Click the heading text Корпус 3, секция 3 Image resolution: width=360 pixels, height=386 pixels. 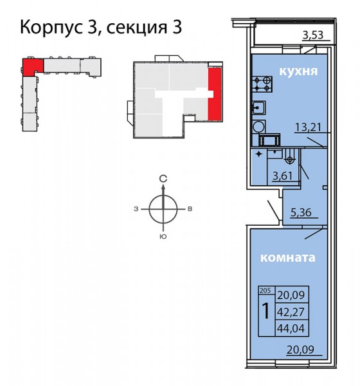pos(101,27)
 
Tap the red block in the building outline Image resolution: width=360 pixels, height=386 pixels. pos(32,66)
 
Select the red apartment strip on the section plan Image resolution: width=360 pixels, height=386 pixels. pos(215,94)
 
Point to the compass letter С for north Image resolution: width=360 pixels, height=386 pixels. pos(163,179)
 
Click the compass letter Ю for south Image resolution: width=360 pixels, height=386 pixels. pos(163,237)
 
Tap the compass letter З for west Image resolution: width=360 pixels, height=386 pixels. pos(136,209)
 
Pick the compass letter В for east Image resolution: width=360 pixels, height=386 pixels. pos(190,209)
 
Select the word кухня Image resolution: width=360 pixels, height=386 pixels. pos(298,71)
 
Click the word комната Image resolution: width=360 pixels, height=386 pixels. pos(287,258)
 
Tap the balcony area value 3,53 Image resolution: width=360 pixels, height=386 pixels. pos(312,35)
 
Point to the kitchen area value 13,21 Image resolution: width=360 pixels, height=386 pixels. pos(308,127)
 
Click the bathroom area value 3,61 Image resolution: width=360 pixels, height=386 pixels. pos(283,176)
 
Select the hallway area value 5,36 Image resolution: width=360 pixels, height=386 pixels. pos(301,212)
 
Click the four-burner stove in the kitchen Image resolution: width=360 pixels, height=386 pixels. pos(262,84)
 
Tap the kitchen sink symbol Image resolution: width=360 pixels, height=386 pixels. pos(258,107)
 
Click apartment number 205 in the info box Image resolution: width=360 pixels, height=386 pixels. pos(264,291)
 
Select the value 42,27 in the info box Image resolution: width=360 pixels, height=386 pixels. pos(291,312)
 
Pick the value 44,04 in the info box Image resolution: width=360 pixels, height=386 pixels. pos(291,328)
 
